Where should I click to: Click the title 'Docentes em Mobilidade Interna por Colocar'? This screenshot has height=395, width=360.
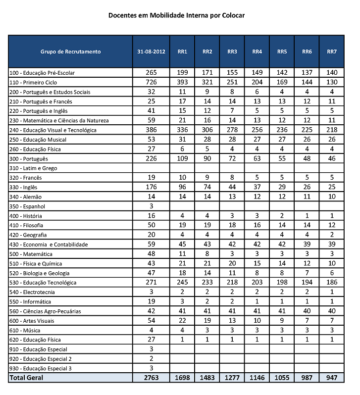[176, 15]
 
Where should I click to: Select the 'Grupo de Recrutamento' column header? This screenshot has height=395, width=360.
[70, 51]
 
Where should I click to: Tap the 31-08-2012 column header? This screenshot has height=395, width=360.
[151, 51]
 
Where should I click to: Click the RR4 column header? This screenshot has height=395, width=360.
[257, 51]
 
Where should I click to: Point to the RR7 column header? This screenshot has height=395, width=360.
[332, 51]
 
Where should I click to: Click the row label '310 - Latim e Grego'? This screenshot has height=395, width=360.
[33, 168]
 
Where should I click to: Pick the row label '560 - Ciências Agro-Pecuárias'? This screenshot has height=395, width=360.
[45, 311]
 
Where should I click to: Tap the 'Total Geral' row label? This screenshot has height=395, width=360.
[26, 378]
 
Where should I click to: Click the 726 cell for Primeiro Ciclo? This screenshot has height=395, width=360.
[151, 82]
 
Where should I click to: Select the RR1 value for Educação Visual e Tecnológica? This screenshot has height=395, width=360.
[182, 130]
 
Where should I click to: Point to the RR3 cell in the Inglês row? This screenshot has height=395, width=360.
[232, 187]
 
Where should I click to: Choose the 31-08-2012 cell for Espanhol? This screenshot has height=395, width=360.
[151, 206]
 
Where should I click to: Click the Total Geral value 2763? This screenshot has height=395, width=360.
[151, 378]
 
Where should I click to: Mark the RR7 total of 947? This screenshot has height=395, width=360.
[332, 378]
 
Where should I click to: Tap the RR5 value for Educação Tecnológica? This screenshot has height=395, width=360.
[282, 283]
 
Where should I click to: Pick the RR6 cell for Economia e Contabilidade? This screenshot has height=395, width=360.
[307, 245]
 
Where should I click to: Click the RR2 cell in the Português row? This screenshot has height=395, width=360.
[207, 158]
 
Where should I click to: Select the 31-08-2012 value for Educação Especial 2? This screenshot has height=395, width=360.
[151, 359]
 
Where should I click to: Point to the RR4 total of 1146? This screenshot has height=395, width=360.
[257, 378]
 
